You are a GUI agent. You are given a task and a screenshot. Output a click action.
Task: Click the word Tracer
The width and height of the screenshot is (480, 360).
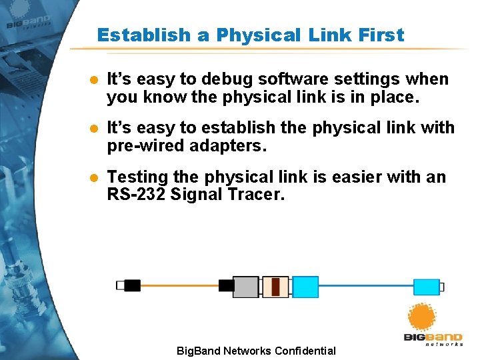pyautogui.click(x=259, y=195)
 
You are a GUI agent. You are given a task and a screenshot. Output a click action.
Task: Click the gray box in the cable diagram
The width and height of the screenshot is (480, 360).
pyautogui.click(x=245, y=287)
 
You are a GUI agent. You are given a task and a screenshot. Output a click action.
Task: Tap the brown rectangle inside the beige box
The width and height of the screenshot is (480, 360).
pyautogui.click(x=275, y=287)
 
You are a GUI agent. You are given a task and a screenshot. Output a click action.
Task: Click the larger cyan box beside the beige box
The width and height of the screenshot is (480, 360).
pyautogui.click(x=305, y=287)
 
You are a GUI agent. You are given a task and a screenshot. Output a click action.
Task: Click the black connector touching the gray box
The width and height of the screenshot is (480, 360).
pyautogui.click(x=227, y=286)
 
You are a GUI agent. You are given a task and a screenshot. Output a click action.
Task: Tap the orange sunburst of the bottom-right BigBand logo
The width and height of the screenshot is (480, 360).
pyautogui.click(x=421, y=317)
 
